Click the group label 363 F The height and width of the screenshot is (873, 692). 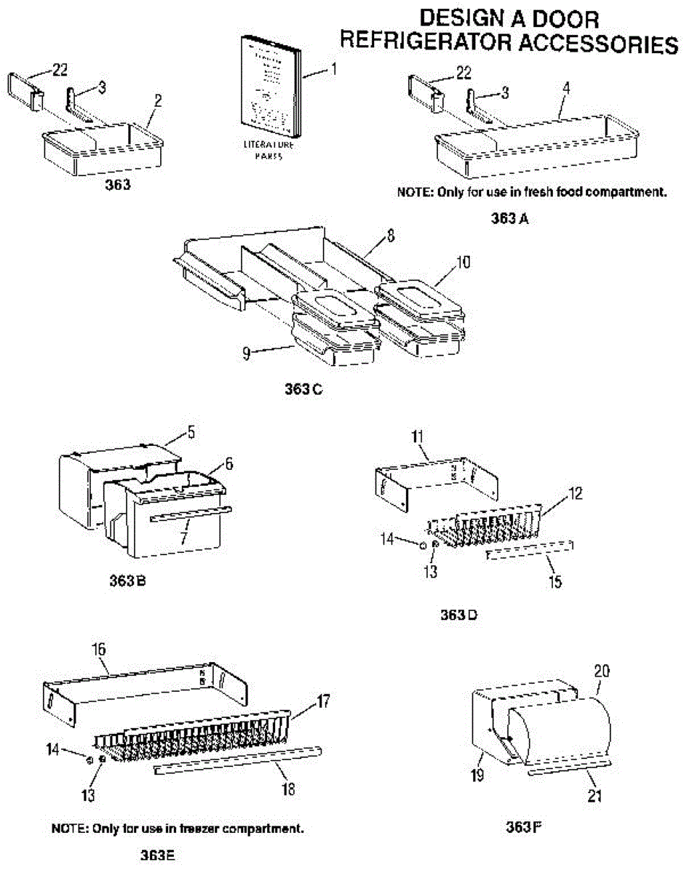[523, 826]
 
